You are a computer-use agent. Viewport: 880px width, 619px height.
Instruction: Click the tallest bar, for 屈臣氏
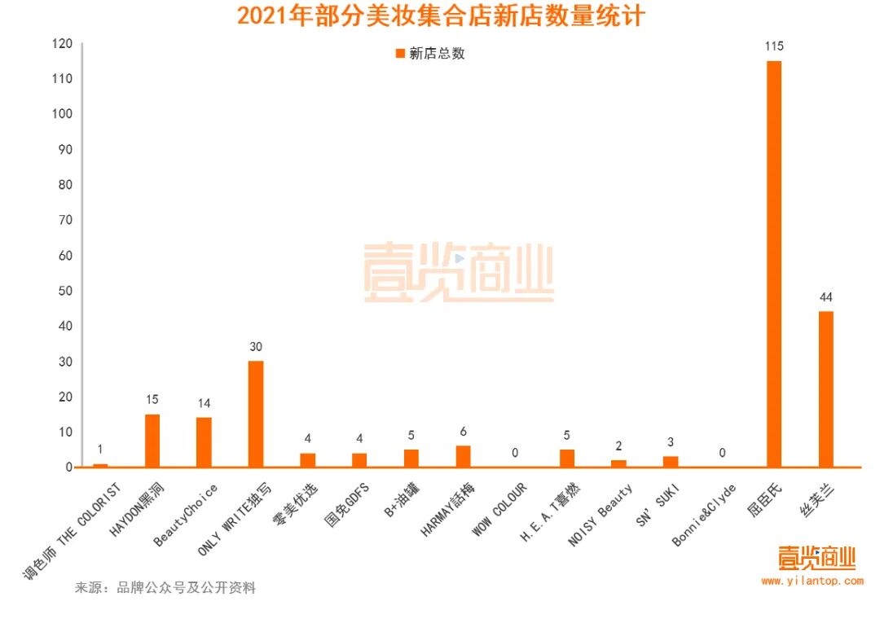(773, 264)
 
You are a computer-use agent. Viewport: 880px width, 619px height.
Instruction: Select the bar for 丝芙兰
(825, 389)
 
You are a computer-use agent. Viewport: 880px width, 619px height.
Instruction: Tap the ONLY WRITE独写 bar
(255, 414)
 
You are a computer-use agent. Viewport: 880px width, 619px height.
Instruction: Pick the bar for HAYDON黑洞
(152, 441)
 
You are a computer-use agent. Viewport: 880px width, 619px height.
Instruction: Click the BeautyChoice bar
(204, 442)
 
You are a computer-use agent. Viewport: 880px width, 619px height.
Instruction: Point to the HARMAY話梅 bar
(463, 456)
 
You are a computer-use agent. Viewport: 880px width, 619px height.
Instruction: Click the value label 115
(773, 46)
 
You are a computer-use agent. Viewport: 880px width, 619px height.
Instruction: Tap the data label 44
(825, 296)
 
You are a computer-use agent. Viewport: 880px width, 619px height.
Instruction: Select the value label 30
(255, 347)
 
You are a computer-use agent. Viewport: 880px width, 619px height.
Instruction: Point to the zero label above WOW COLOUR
(515, 453)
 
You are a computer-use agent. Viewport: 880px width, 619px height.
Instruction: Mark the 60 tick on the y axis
(64, 255)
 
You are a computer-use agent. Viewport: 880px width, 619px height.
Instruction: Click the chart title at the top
(441, 16)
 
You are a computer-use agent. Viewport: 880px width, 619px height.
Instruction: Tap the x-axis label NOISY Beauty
(602, 515)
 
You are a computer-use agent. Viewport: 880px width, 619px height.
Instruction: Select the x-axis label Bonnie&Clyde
(705, 515)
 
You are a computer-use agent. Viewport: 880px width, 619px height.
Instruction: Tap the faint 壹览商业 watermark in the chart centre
(459, 274)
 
